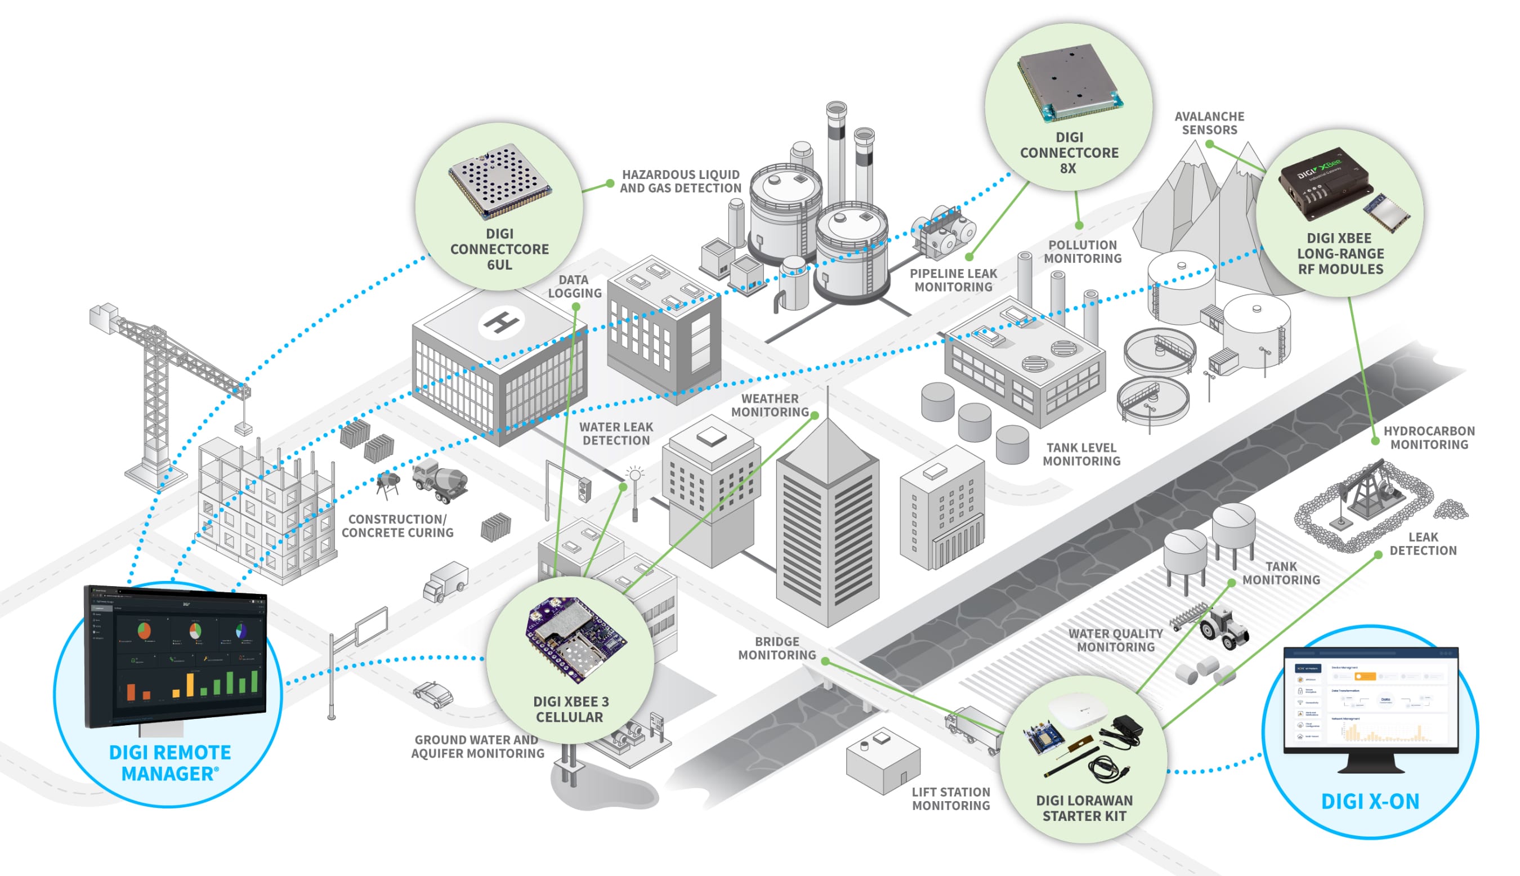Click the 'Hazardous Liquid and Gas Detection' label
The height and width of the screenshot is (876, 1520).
click(x=680, y=181)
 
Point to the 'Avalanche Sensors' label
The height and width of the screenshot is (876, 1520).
click(x=1209, y=123)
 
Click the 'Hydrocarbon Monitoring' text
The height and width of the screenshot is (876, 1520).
click(x=1429, y=437)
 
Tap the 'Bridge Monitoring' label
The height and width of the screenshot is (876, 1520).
click(x=776, y=648)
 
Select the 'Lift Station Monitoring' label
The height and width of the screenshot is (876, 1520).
click(x=950, y=798)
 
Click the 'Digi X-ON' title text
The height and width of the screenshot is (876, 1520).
click(x=1370, y=801)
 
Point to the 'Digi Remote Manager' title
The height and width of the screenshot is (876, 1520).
click(x=170, y=763)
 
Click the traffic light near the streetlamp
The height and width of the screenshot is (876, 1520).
click(x=583, y=489)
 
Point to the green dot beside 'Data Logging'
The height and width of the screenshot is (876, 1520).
click(x=576, y=307)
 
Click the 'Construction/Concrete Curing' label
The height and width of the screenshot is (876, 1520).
click(x=397, y=525)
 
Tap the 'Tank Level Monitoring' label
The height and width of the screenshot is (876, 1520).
click(x=1081, y=454)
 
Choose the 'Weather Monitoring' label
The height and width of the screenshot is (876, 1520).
click(x=770, y=405)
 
